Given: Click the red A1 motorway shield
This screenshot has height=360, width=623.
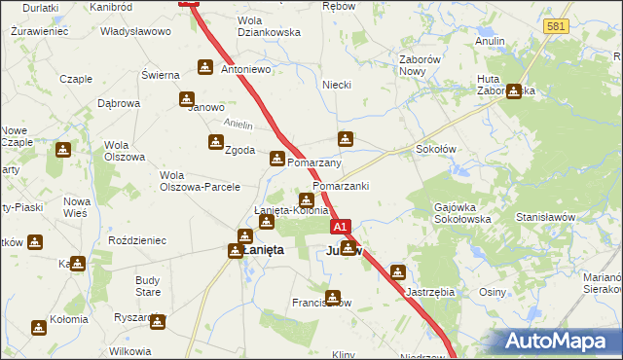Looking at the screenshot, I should [x=340, y=227].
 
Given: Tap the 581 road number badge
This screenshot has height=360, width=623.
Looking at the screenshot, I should [x=557, y=26].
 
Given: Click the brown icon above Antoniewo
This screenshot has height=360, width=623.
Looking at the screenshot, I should [x=205, y=67].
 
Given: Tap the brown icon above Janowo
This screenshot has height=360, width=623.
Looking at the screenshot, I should [x=187, y=99].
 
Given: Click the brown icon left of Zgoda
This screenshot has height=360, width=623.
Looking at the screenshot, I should [x=215, y=143].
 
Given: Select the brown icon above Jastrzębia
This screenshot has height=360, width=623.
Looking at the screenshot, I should [x=399, y=272].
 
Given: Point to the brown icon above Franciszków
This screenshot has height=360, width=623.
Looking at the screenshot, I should [x=333, y=298].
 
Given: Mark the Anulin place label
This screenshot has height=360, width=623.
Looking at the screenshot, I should [x=489, y=41].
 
